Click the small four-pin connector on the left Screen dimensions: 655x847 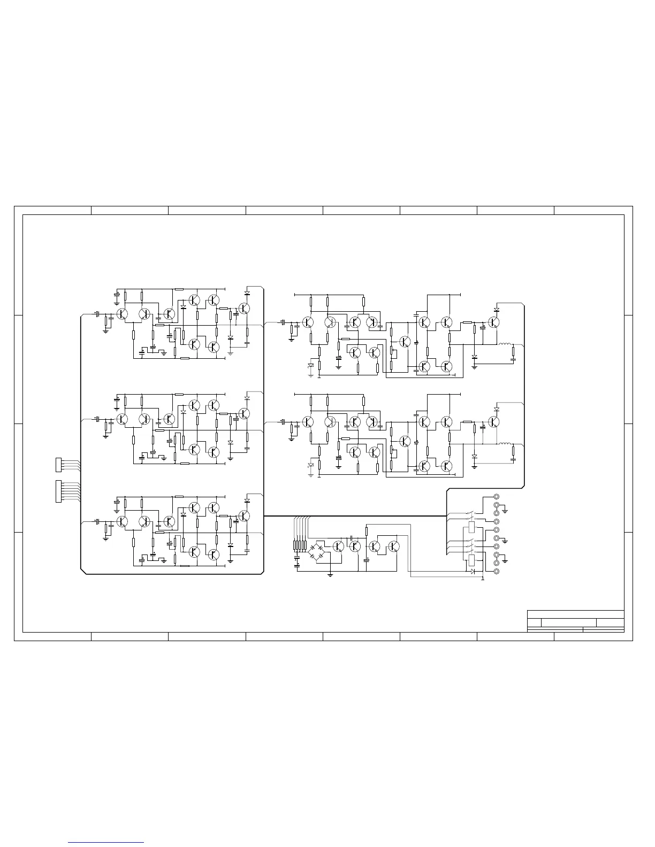[59, 465]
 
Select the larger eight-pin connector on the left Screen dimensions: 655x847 [59, 491]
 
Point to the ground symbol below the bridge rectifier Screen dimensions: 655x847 [331, 575]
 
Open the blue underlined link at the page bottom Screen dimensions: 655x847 [106, 842]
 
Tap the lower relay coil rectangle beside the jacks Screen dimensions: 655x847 [471, 560]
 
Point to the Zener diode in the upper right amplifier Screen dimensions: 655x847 [311, 366]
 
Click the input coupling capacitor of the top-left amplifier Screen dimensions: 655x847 [97, 314]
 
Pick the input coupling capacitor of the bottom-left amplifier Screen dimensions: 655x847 [97, 521]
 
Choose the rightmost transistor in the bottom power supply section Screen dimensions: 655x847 [394, 546]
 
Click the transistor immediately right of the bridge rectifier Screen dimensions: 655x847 [338, 546]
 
